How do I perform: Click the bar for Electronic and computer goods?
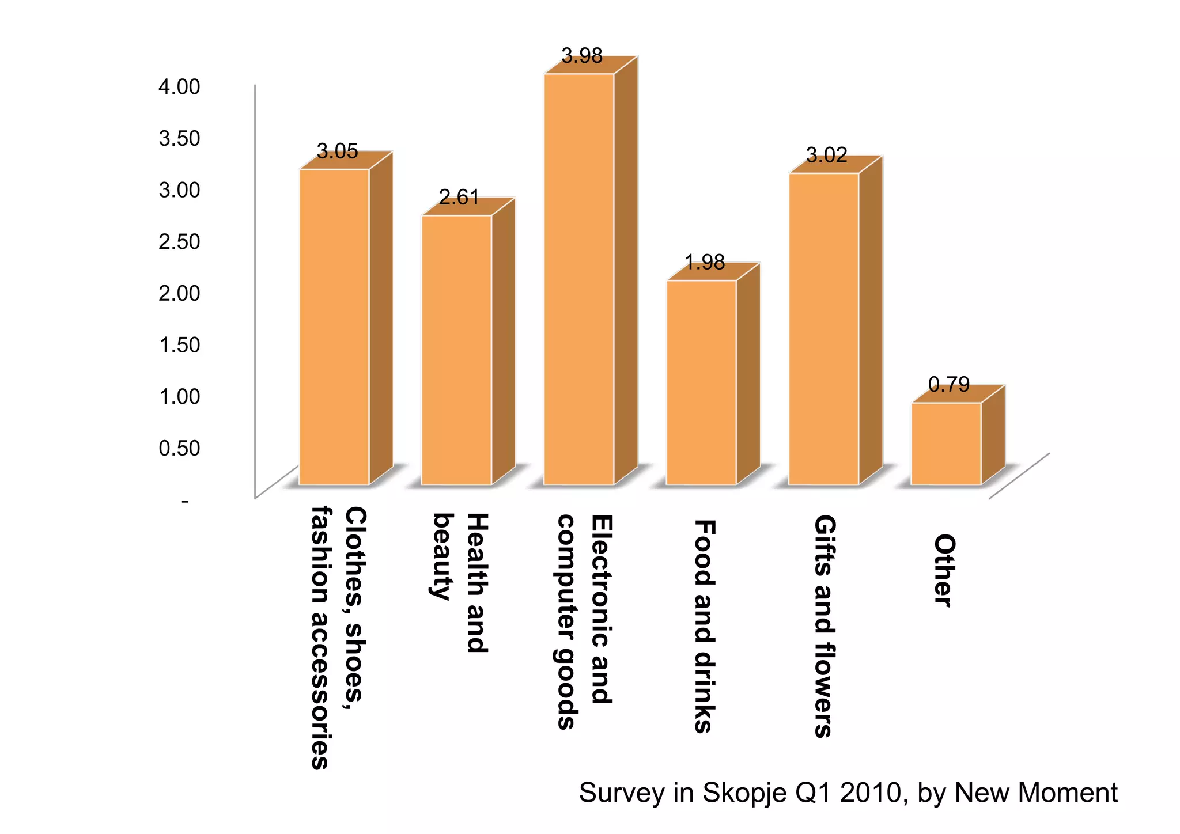coord(579,279)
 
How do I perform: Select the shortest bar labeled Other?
coord(946,443)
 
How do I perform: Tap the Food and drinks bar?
coord(701,382)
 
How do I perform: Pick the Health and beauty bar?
coord(456,350)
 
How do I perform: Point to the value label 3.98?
coord(582,56)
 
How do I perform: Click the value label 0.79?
coord(949,384)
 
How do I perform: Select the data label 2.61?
coord(459,198)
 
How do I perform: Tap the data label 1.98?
coord(705,263)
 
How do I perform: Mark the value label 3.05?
coord(338,151)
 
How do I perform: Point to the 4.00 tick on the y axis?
coord(179,87)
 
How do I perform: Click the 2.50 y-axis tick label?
coord(179,241)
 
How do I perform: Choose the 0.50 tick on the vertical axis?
coord(179,448)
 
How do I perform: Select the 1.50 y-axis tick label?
coord(179,345)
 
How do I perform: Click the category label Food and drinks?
coord(704,626)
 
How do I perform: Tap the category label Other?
coord(944,570)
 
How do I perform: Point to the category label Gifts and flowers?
coord(824,626)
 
